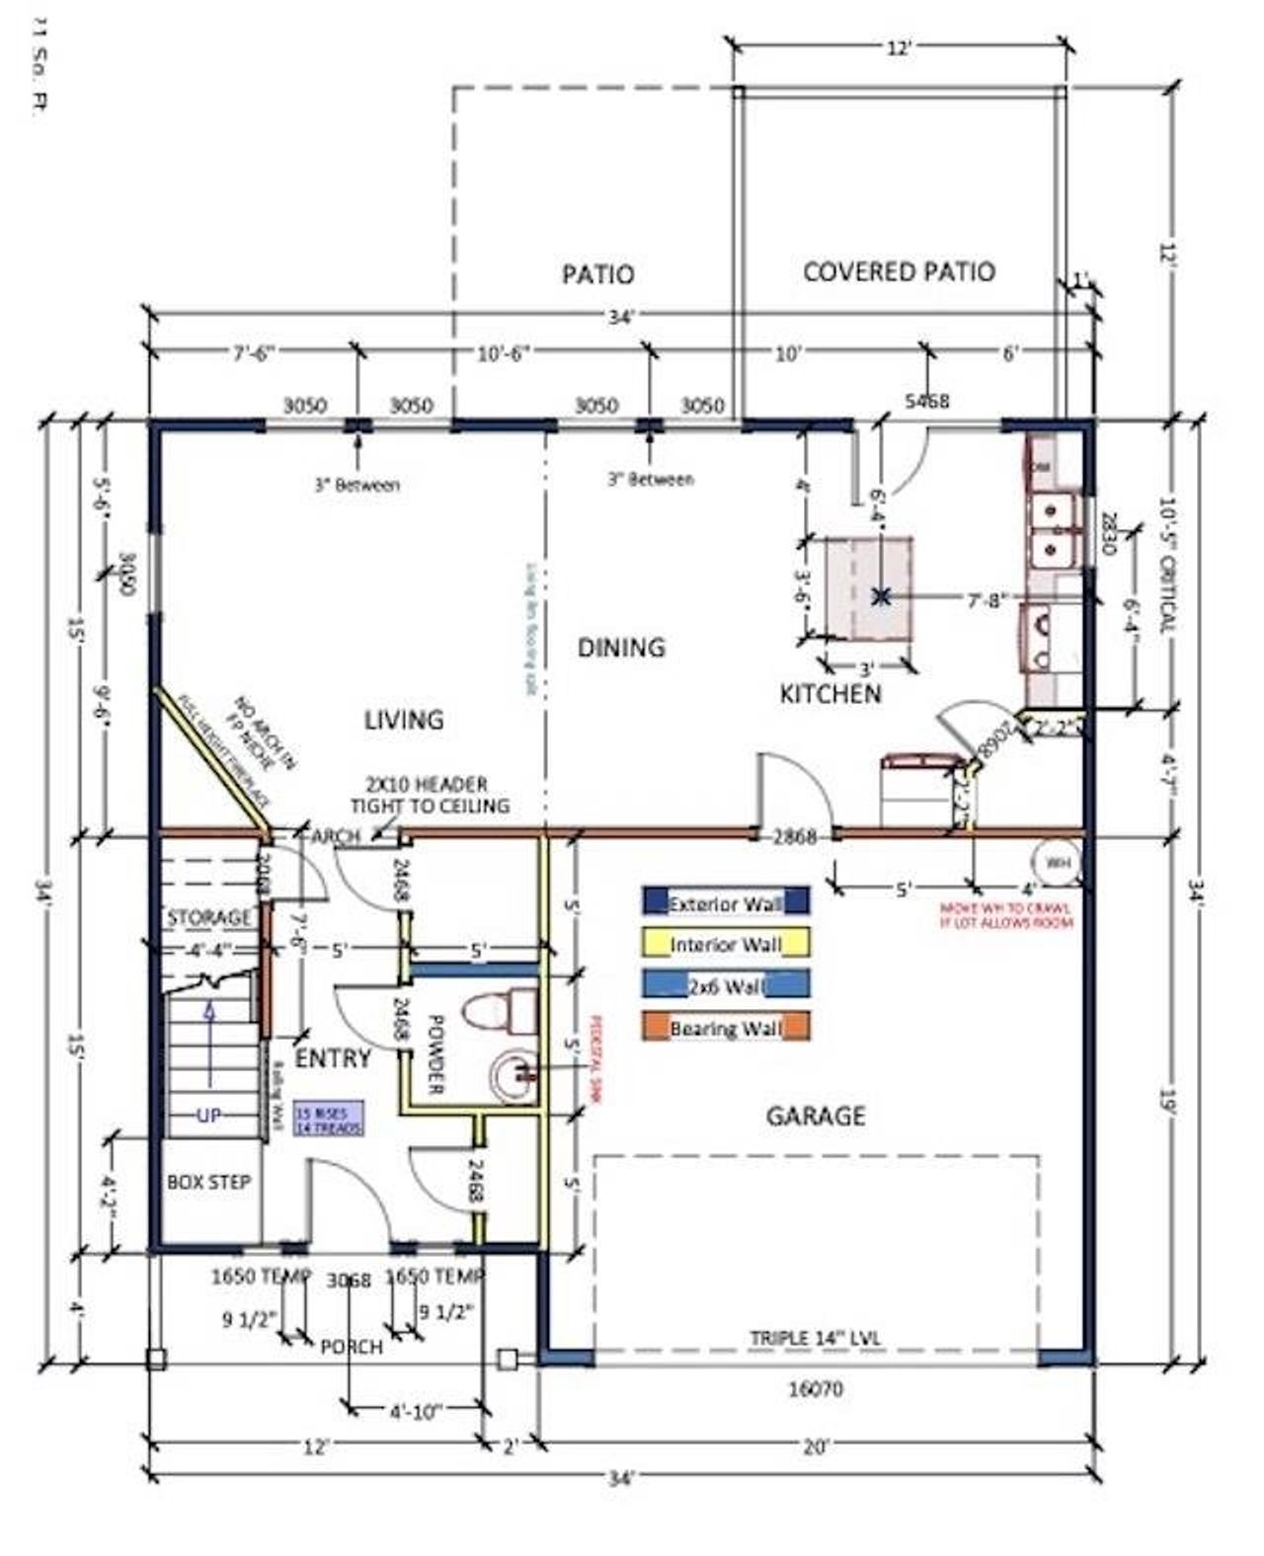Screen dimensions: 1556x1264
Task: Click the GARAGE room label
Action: coord(816,1116)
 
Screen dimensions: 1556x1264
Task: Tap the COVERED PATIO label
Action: coord(899,272)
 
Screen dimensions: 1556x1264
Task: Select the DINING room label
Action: coord(621,648)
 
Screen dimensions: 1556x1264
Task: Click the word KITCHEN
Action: coord(830,694)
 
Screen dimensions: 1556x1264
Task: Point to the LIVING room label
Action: coord(404,720)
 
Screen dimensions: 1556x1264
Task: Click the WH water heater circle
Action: coord(1058,864)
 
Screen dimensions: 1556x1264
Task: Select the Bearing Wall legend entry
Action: coord(726,1028)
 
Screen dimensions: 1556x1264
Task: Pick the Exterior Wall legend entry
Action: coord(726,902)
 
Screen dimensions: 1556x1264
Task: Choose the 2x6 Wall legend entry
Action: coord(726,985)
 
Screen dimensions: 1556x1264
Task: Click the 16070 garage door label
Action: coord(816,1389)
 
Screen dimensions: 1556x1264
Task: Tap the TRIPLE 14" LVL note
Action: coord(816,1339)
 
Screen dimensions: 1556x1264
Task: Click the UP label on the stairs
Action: coord(208,1116)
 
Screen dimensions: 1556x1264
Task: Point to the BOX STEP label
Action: coord(208,1182)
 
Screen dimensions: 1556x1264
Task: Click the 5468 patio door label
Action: coord(927,401)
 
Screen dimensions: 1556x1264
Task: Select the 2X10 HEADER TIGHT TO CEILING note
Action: coord(429,795)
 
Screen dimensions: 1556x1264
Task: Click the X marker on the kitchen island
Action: coord(882,596)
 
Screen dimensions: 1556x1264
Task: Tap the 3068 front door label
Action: coord(349,1281)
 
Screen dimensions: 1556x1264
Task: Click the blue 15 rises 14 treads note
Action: coord(328,1118)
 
